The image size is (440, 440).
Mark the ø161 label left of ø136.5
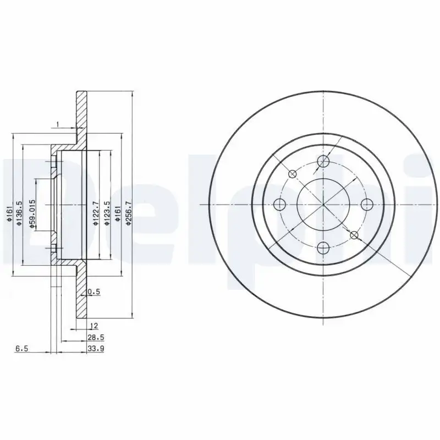coord(9,211)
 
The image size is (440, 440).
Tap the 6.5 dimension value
coord(21,348)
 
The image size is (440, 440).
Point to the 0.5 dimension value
coord(94,292)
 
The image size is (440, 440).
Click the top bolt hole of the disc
coord(323,162)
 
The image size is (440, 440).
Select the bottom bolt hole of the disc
coord(323,247)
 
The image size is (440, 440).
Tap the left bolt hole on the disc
coord(281,205)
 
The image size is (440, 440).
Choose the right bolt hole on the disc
coord(366,205)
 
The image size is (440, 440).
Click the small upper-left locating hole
coord(293,174)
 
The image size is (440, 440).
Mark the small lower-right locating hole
coord(354,235)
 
